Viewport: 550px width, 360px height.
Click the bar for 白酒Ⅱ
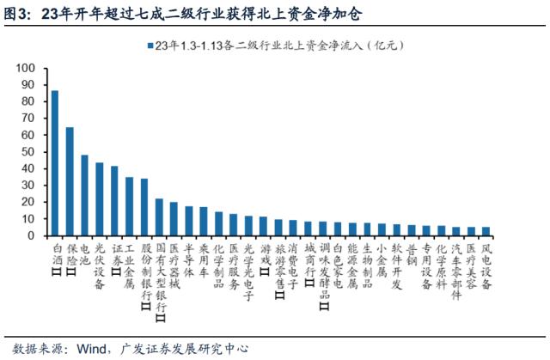pyautogui.click(x=55, y=163)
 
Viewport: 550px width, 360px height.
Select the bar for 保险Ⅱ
pyautogui.click(x=70, y=181)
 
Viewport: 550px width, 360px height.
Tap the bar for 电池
pyautogui.click(x=84, y=195)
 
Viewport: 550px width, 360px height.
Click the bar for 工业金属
pyautogui.click(x=129, y=206)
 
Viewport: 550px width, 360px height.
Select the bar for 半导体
pyautogui.click(x=189, y=221)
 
